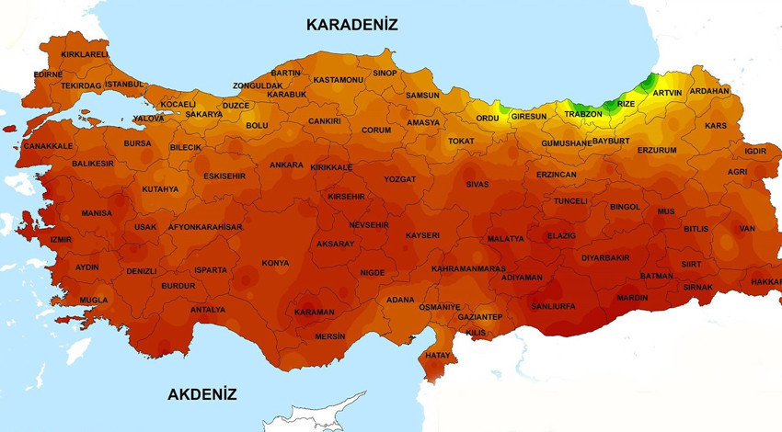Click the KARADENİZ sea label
pos(352,25)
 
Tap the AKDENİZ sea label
pos(202,394)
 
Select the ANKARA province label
pos(286,165)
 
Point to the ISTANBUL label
pos(124,85)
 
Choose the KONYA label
pos(275,263)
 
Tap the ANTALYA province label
pos(207,310)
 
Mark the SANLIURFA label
pos(554,306)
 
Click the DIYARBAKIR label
pos(605,258)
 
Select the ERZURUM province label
pos(656,150)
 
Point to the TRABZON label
pos(582,114)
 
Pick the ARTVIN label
pos(667,93)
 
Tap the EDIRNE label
pos(48,74)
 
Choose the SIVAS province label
pos(477,185)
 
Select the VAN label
pos(747,228)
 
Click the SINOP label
pos(385,73)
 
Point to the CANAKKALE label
pos(47,146)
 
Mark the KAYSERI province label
pos(422,235)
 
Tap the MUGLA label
pos(93,301)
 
